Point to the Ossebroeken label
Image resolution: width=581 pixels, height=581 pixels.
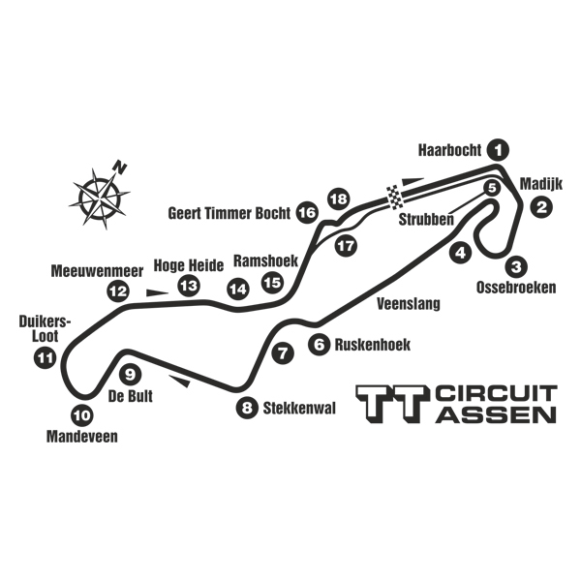click(x=516, y=287)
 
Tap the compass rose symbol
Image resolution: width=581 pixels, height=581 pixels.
click(x=99, y=197)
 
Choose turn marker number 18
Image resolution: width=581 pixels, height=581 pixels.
click(x=337, y=199)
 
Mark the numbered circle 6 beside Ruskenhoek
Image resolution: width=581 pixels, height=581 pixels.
click(x=319, y=344)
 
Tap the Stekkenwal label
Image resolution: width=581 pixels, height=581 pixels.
click(x=299, y=408)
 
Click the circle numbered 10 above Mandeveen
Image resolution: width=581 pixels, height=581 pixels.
click(x=82, y=417)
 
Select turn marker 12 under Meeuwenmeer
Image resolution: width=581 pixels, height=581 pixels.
click(x=117, y=290)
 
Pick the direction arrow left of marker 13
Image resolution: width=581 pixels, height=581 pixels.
click(x=156, y=289)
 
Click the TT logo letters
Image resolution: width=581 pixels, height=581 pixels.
click(x=392, y=405)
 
